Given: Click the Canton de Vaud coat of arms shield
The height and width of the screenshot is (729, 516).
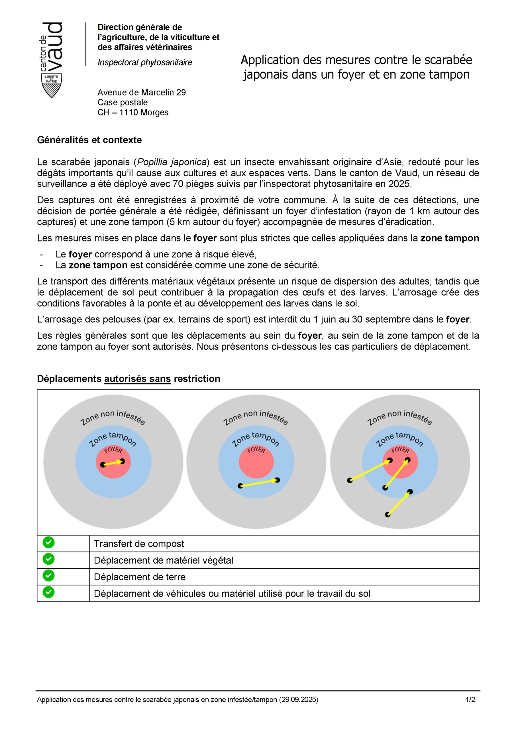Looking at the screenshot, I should [52, 85].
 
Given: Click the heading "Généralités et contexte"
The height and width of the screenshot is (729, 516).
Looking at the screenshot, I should [89, 140].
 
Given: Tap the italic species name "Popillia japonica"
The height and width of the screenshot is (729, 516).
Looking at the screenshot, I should [172, 162].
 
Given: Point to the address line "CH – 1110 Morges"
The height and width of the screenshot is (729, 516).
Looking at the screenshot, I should [133, 112].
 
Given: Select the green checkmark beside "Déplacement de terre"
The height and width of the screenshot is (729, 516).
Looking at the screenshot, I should [49, 575].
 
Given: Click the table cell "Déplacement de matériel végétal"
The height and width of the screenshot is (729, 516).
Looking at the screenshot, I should [163, 560].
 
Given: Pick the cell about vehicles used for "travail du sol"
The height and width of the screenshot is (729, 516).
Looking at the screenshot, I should [232, 593].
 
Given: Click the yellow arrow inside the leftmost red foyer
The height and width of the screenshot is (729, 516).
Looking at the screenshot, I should [113, 463].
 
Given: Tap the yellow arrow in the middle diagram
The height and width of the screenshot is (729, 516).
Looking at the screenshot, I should [259, 483].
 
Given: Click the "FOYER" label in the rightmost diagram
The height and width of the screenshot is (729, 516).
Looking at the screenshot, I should [400, 450].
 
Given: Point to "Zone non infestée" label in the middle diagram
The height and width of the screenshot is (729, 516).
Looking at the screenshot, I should [256, 417].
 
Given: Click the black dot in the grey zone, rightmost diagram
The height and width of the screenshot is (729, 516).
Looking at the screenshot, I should [387, 514].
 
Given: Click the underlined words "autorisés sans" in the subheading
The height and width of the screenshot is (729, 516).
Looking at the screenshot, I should [137, 379].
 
